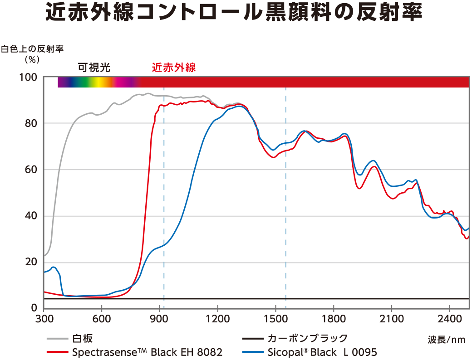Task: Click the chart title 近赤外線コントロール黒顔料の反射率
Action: click(234, 14)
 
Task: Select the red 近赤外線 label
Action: click(173, 68)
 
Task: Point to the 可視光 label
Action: click(94, 68)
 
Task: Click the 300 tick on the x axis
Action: click(44, 318)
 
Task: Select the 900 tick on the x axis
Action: click(160, 318)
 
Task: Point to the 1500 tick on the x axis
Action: click(275, 318)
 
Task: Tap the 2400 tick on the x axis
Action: click(449, 318)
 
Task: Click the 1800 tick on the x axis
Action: click(334, 318)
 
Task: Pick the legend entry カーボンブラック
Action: click(307, 338)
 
